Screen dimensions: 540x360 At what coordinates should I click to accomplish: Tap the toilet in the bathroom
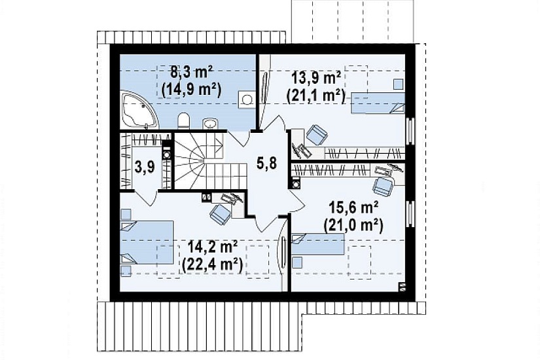pyautogui.click(x=184, y=121)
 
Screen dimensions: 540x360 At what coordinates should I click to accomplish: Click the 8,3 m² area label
pyautogui.click(x=191, y=73)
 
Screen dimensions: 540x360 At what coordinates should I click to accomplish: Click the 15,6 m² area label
pyautogui.click(x=353, y=208)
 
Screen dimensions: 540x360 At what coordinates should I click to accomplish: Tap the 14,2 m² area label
pyautogui.click(x=213, y=247)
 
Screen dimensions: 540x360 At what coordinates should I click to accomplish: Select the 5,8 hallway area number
pyautogui.click(x=267, y=163)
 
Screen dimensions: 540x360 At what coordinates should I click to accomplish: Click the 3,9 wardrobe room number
pyautogui.click(x=145, y=167)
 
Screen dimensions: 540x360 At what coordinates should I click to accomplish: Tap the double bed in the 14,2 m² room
pyautogui.click(x=147, y=243)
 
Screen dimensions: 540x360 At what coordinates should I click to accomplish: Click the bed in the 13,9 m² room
pyautogui.click(x=378, y=103)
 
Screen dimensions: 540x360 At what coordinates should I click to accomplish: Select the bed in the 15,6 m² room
pyautogui.click(x=318, y=244)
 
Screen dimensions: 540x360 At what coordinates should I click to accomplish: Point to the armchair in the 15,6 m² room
pyautogui.click(x=383, y=187)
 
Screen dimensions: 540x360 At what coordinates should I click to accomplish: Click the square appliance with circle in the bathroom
pyautogui.click(x=247, y=99)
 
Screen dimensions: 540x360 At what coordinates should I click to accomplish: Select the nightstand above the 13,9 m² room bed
pyautogui.click(x=399, y=84)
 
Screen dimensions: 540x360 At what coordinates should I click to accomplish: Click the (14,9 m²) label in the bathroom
pyautogui.click(x=191, y=90)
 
